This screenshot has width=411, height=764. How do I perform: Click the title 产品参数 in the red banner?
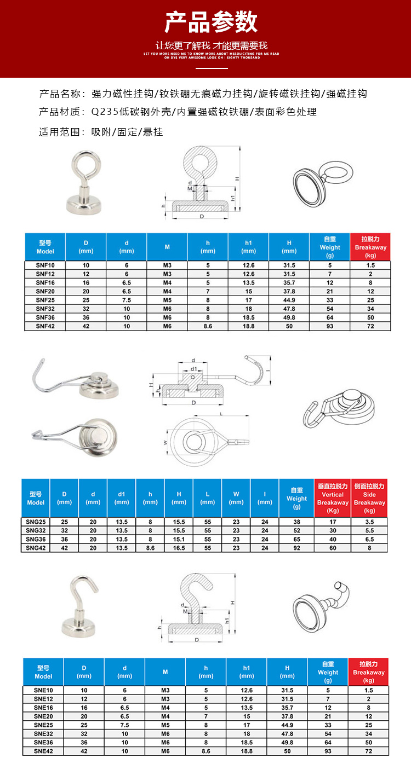click(211, 22)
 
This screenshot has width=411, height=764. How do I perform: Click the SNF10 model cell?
click(45, 265)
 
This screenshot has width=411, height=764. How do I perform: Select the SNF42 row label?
click(45, 326)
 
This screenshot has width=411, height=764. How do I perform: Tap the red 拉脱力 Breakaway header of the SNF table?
click(370, 247)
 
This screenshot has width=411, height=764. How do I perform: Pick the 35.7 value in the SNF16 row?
click(289, 282)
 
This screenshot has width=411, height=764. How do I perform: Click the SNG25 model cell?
click(36, 522)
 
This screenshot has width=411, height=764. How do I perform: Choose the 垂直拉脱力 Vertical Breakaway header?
click(333, 498)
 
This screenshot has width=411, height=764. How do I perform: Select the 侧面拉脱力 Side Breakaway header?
click(369, 498)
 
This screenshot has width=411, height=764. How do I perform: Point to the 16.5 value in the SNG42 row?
click(179, 548)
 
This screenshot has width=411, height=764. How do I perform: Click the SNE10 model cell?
click(43, 690)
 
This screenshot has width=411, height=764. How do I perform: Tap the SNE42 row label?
click(43, 751)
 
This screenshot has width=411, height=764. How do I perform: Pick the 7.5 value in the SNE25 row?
click(124, 725)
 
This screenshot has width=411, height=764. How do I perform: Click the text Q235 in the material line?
click(102, 112)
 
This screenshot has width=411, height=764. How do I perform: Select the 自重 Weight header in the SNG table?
click(296, 498)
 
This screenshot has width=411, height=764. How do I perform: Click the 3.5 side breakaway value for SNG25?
click(369, 522)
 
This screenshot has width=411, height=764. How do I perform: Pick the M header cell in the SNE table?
click(165, 672)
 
